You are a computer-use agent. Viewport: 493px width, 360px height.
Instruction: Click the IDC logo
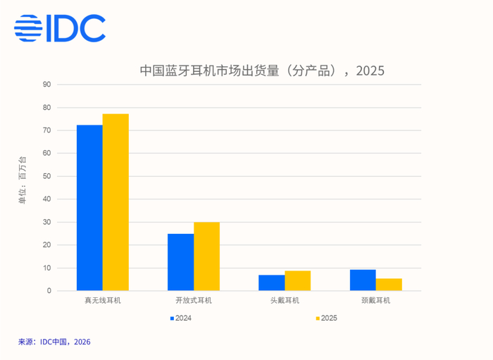pyautogui.click(x=60, y=28)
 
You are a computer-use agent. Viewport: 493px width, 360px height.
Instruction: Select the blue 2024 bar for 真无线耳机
pyautogui.click(x=89, y=208)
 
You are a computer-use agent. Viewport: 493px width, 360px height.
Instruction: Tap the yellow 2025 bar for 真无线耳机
pyautogui.click(x=116, y=202)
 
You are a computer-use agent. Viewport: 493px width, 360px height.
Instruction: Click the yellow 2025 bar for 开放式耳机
pyautogui.click(x=206, y=256)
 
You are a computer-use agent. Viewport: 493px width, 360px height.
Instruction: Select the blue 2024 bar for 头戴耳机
pyautogui.click(x=271, y=283)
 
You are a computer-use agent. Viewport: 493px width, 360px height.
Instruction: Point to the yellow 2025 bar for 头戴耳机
pyautogui.click(x=297, y=280)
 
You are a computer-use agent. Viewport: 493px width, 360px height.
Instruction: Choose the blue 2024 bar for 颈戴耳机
pyautogui.click(x=363, y=280)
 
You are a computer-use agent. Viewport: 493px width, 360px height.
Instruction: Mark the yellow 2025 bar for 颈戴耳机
pyautogui.click(x=389, y=285)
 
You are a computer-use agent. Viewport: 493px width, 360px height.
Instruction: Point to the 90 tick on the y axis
pyautogui.click(x=47, y=85)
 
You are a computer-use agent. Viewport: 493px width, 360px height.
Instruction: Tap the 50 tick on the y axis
pyautogui.click(x=47, y=176)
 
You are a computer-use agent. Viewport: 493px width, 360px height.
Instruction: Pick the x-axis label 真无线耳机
pyautogui.click(x=102, y=301)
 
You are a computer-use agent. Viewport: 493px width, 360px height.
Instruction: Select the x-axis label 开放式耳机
pyautogui.click(x=193, y=301)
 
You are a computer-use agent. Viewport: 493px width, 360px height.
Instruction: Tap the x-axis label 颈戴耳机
pyautogui.click(x=375, y=301)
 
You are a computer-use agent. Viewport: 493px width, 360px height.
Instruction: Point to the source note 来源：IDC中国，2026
pyautogui.click(x=54, y=342)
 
